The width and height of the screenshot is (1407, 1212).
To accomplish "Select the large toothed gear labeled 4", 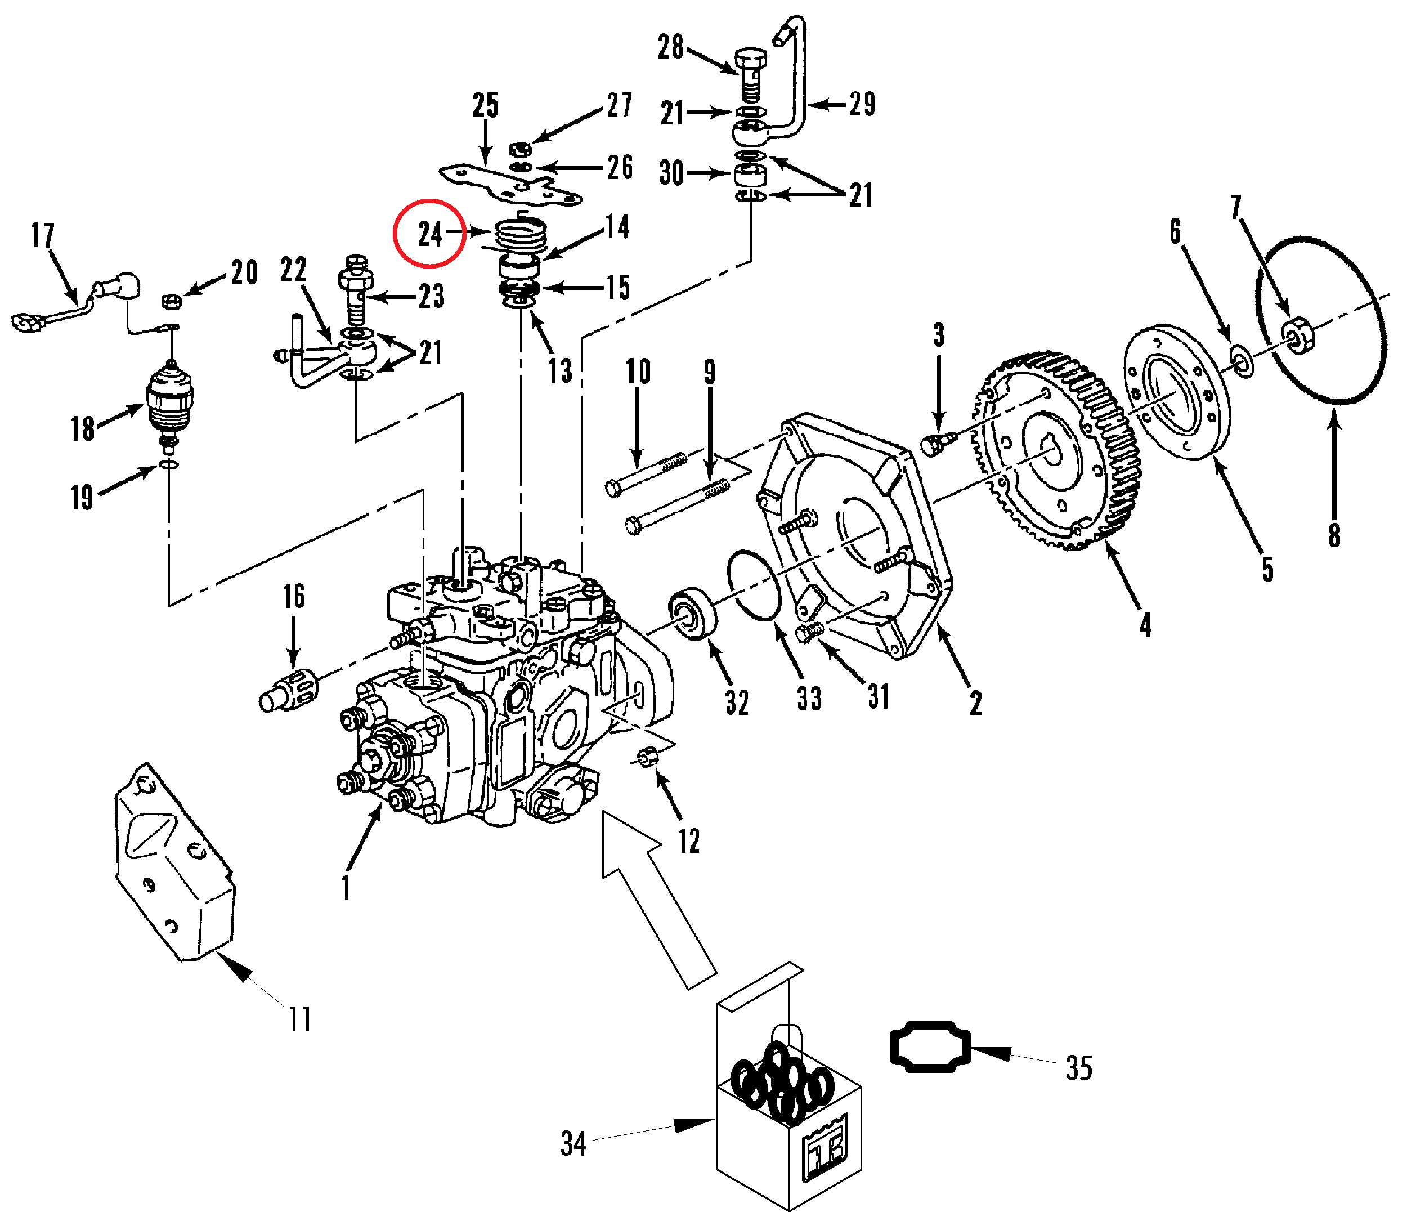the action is pos(1059,452).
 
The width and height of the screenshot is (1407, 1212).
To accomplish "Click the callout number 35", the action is pos(1079,1068).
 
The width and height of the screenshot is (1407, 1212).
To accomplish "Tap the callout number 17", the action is pos(43,236).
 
